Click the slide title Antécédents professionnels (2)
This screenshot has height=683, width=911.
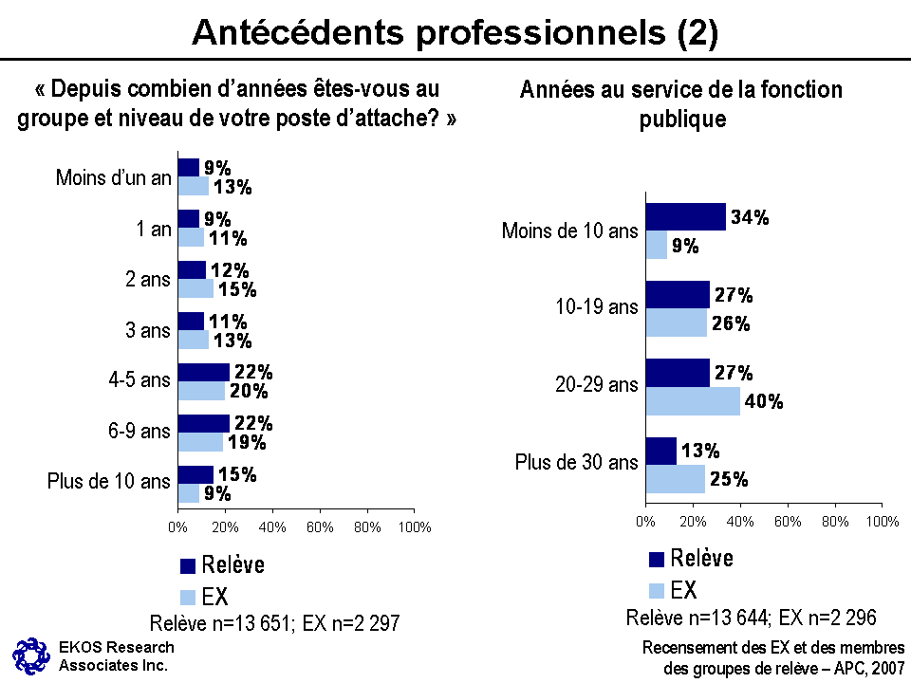[455, 32]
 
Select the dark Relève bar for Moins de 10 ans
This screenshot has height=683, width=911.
[685, 217]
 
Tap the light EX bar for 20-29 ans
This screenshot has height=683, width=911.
[693, 400]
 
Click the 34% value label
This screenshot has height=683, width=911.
[750, 217]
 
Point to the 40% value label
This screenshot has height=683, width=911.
[764, 401]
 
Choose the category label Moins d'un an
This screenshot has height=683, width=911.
[113, 177]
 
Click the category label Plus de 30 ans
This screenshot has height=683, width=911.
[576, 463]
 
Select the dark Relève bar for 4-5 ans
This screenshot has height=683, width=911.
[203, 372]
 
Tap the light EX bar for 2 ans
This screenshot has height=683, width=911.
[195, 288]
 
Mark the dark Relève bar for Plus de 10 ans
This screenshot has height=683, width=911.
[195, 474]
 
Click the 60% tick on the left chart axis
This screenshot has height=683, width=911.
[320, 527]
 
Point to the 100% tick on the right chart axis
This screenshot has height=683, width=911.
[883, 521]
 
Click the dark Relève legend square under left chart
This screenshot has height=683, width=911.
[188, 566]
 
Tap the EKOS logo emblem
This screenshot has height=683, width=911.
[29, 655]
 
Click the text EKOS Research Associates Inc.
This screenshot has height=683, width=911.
[116, 655]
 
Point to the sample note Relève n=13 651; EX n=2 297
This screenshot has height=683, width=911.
[274, 623]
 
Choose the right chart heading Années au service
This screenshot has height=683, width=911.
[680, 103]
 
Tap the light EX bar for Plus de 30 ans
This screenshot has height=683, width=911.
[675, 479]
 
